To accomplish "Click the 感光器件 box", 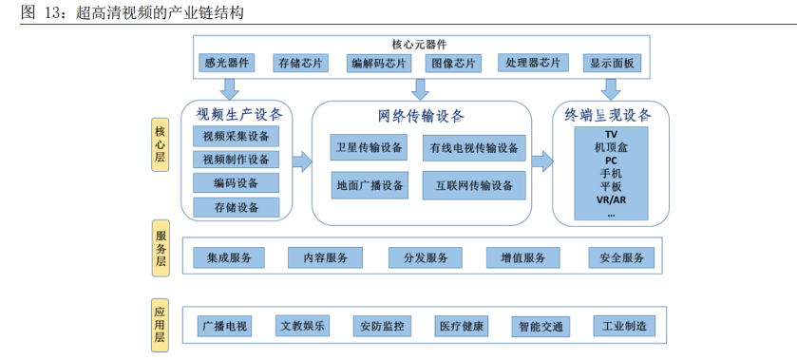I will click(226, 64).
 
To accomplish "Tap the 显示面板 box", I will click(615, 64).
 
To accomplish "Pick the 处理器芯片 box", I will click(533, 64).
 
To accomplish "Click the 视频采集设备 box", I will click(237, 136).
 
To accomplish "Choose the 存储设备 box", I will click(237, 207).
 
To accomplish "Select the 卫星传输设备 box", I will click(369, 147).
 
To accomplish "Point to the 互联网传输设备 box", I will click(474, 184).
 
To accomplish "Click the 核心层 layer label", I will click(159, 143).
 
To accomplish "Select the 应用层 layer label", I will click(160, 324).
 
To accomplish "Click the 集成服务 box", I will click(229, 257).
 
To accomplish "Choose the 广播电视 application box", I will click(224, 327).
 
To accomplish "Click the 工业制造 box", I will click(623, 327).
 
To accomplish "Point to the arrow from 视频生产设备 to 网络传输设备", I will click(301, 161).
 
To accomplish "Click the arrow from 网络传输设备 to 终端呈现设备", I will click(542, 161).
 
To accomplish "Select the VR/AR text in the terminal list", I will click(611, 199).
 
